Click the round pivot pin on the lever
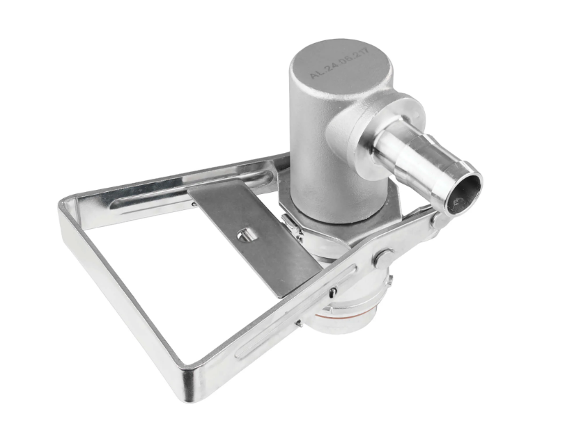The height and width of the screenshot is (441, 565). coord(382,258)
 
